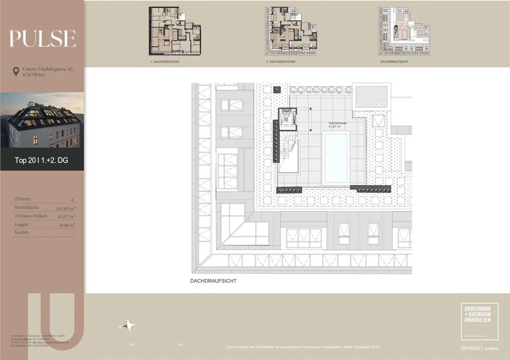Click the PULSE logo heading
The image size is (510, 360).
pos(42,38)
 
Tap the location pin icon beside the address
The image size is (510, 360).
pos(16,71)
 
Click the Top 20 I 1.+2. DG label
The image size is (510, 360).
pos(42,160)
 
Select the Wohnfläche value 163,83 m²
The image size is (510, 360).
pos(65,209)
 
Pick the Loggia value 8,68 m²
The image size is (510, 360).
pos(67,225)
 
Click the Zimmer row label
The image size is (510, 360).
pos(23,199)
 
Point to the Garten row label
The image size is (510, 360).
pos(22,232)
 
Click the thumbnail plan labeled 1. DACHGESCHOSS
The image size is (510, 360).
pos(175,31)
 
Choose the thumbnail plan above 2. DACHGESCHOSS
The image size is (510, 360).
pos(291,31)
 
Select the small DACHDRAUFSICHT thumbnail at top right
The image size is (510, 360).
pos(404,31)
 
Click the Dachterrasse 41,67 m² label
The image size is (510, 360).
pos(337,125)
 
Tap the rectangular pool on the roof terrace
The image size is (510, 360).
pos(336,158)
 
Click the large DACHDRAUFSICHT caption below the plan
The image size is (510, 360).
pos(213,281)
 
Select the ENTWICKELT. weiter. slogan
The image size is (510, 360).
pos(479,348)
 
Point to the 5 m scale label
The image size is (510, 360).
pos(180,345)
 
